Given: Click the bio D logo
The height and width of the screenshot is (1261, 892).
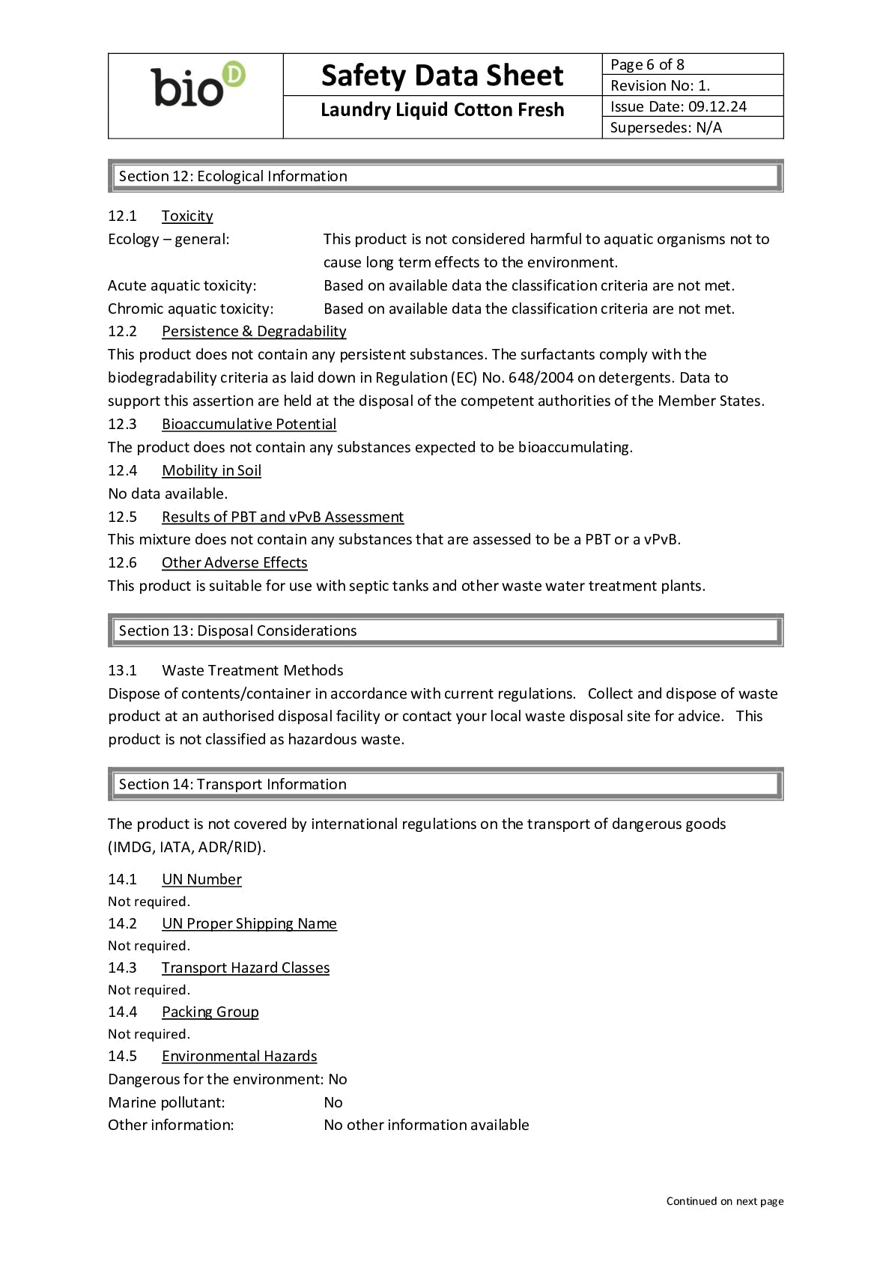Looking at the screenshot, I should coord(198,86).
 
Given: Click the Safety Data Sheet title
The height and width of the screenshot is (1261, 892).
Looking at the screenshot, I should coord(442,76).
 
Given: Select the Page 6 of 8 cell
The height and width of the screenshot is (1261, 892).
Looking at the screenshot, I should coord(647,64).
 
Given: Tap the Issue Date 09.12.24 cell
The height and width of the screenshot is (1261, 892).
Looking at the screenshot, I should coord(678,106).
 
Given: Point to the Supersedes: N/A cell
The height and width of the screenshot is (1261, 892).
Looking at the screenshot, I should coord(666,127).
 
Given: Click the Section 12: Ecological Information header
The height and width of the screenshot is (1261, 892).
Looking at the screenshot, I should coord(233,176).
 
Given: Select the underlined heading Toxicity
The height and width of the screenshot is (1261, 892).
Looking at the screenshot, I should coord(187,216).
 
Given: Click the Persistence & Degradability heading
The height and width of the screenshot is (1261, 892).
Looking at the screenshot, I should coord(254,331).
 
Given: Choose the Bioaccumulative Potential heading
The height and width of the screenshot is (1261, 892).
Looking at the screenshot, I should coord(249,424).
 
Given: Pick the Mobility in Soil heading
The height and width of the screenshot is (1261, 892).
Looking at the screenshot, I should coord(211,470).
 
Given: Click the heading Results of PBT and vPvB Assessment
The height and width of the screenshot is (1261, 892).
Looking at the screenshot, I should coord(282,517).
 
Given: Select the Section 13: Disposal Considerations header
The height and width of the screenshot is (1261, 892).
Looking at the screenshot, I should coord(237,630).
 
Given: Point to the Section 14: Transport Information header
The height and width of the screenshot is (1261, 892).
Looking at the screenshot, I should coord(232,784).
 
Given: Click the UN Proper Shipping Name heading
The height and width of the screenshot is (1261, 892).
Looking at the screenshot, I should coord(249,923).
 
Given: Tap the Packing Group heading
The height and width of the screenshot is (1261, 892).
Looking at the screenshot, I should coord(210,1012).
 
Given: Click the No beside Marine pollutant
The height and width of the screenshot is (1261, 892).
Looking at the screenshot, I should coord(333,1102).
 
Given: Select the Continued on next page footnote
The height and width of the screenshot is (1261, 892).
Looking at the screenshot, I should coord(724,1201).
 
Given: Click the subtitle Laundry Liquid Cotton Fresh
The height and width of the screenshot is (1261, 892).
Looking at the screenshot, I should coord(442,110).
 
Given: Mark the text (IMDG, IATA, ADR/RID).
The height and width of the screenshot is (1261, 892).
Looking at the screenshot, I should coord(187,847).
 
